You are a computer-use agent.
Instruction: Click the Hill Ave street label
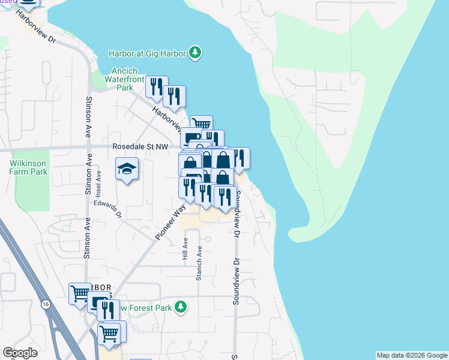click(185, 249)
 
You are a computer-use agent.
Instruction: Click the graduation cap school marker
click(127, 169)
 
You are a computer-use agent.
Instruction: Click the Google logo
click(20, 353)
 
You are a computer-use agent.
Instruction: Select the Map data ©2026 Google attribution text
click(412, 355)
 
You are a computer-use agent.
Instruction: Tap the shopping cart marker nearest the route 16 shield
click(80, 294)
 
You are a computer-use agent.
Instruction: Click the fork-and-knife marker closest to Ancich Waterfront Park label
click(157, 87)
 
